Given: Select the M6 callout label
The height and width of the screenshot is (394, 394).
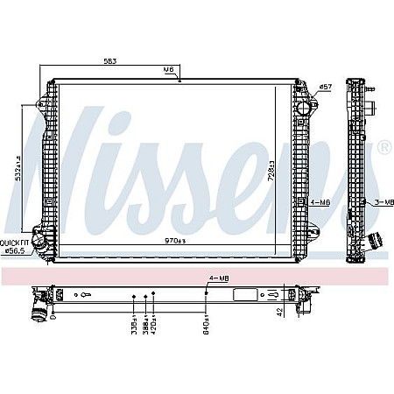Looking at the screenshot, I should [x=168, y=68].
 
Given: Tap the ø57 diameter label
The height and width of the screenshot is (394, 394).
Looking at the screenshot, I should [x=325, y=87].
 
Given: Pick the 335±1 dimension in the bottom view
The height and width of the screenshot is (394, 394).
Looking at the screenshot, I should [x=133, y=325].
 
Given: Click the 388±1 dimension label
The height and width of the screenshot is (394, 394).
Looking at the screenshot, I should [x=143, y=325].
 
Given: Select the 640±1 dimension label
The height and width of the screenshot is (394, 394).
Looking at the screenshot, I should [x=206, y=325].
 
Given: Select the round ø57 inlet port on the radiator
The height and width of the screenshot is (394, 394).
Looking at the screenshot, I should [x=304, y=108].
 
